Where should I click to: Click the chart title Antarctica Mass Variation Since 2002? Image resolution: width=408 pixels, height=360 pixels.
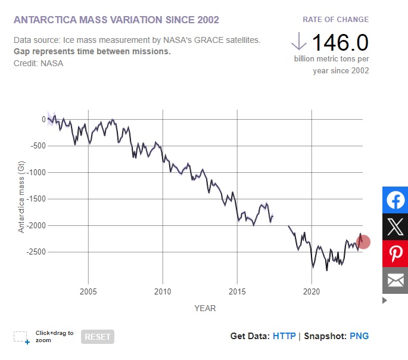(116, 20)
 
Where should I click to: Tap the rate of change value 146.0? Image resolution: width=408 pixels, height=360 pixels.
(340, 42)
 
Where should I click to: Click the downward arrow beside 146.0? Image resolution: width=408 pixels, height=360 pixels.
(299, 41)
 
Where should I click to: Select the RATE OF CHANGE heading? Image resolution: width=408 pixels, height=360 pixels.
(335, 20)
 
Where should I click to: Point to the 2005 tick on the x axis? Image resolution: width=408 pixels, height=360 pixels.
(88, 291)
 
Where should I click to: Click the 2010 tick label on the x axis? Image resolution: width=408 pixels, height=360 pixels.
(163, 291)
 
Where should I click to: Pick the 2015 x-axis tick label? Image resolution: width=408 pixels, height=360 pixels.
(237, 291)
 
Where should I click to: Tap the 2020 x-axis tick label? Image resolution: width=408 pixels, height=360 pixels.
(312, 291)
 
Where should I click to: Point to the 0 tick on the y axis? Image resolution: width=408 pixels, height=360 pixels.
(43, 119)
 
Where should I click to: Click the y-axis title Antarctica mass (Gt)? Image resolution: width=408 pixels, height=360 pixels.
(21, 191)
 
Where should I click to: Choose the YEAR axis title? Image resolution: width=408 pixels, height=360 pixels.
(205, 308)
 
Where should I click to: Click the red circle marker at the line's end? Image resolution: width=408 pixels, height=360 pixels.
(363, 242)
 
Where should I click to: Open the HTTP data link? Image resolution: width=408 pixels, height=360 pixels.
(284, 336)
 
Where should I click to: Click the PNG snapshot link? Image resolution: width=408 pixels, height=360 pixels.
(359, 336)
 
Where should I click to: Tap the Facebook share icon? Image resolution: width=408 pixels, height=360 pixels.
(395, 200)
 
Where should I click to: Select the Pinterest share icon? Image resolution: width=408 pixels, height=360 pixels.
(395, 253)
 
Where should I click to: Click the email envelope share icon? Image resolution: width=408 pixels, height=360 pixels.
(395, 280)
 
